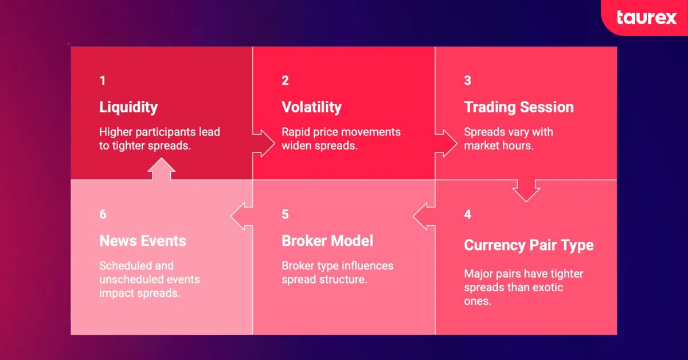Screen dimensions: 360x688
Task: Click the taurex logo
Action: pyautogui.click(x=647, y=18)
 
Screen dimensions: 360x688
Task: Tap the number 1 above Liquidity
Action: pyautogui.click(x=103, y=81)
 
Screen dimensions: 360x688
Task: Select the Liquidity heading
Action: pyautogui.click(x=128, y=107)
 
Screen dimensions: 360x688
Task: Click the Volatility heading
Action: pyautogui.click(x=311, y=107)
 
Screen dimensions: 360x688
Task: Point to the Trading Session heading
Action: pyautogui.click(x=518, y=107)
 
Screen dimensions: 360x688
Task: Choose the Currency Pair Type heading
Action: pyautogui.click(x=528, y=245)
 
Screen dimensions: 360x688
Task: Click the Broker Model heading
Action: pyautogui.click(x=327, y=241)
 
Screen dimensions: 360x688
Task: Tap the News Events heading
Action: pyautogui.click(x=143, y=241)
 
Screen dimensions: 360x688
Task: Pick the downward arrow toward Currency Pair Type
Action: pyautogui.click(x=526, y=190)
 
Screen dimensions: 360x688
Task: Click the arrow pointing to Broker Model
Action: pyautogui.click(x=424, y=217)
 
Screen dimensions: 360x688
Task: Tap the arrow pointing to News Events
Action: pyautogui.click(x=241, y=217)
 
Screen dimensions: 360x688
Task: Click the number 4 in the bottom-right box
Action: pyautogui.click(x=467, y=214)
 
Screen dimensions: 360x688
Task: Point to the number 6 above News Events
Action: pyautogui.click(x=103, y=214)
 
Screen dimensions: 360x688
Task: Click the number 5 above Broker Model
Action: pyautogui.click(x=285, y=214)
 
